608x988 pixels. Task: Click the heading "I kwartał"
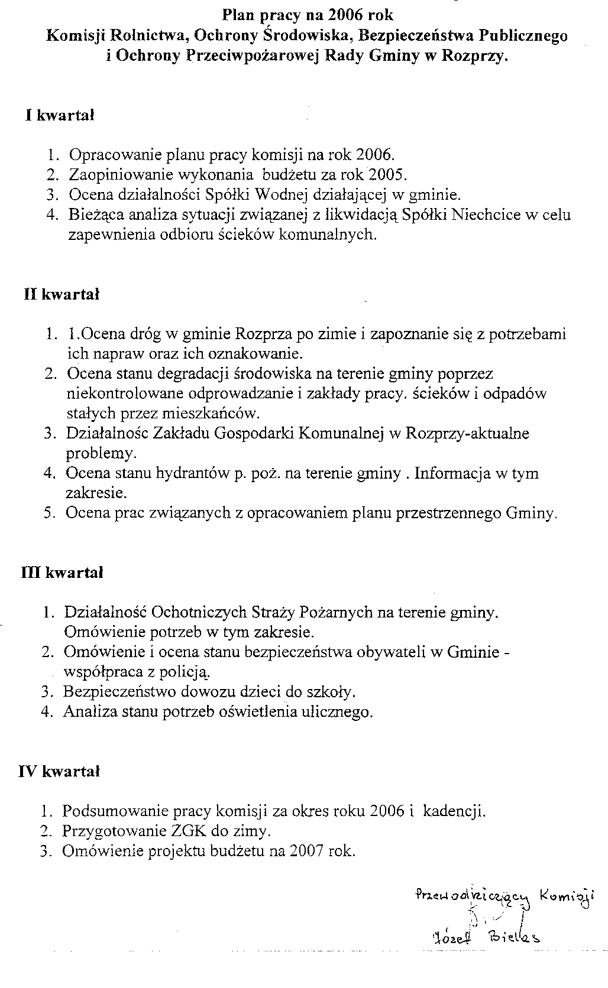[x=60, y=116]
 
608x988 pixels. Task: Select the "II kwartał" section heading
[x=62, y=294]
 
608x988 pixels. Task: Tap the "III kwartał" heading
[x=62, y=572]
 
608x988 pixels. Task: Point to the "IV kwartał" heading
[x=60, y=771]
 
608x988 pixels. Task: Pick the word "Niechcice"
[x=487, y=215]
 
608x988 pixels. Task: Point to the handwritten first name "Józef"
[x=451, y=939]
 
